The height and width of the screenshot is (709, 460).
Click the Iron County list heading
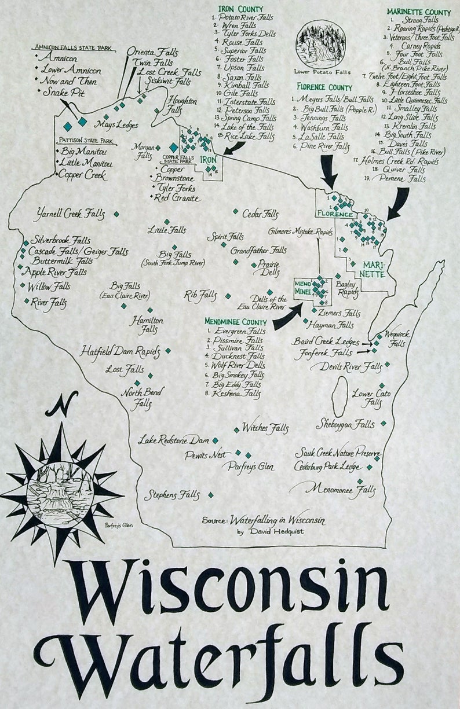[x=240, y=9]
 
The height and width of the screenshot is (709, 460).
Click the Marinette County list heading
[x=418, y=11]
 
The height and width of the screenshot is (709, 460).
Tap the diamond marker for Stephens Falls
[x=210, y=495]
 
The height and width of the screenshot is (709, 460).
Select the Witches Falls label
[x=265, y=428]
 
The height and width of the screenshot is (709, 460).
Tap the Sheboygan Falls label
[x=345, y=424]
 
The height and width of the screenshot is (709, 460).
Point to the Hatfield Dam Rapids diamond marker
[x=168, y=351]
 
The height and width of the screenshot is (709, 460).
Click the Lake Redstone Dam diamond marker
[x=215, y=440]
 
